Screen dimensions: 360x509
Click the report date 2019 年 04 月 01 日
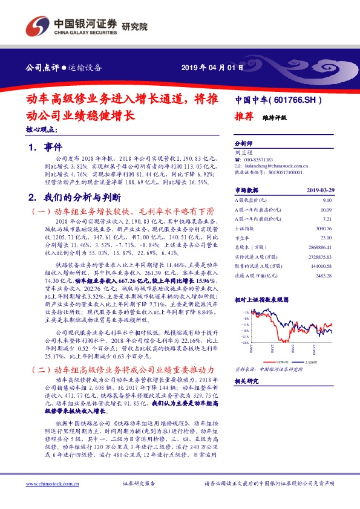212,67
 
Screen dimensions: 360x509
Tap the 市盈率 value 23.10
326,238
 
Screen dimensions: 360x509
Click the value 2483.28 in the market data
323,276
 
